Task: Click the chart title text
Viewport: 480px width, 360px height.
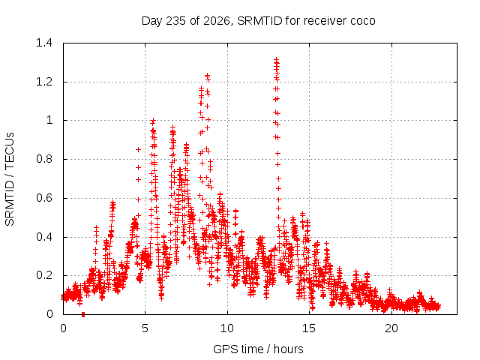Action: tap(258, 21)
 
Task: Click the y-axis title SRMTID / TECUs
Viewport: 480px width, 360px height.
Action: tap(10, 179)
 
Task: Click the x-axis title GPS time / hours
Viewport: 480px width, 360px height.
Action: tap(258, 349)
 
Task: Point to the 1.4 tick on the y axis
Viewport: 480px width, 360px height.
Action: tap(44, 43)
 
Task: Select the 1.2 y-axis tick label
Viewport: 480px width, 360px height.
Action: tap(44, 82)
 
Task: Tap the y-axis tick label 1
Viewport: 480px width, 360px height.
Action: tap(49, 120)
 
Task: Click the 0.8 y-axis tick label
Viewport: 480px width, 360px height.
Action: tap(44, 159)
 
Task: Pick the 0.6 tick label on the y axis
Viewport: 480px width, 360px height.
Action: tap(44, 198)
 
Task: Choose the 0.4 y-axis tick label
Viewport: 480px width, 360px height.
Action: tap(44, 237)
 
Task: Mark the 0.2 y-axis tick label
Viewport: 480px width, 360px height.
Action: tap(44, 275)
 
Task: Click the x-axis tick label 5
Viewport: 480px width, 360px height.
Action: tap(145, 328)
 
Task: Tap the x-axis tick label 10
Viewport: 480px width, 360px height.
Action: tap(227, 328)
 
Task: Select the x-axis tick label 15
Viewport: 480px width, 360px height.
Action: tap(309, 328)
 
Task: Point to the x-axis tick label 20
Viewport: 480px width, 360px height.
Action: tap(391, 328)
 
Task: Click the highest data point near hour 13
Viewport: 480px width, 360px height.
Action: tap(276, 59)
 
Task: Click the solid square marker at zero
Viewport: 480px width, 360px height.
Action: tap(83, 315)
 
